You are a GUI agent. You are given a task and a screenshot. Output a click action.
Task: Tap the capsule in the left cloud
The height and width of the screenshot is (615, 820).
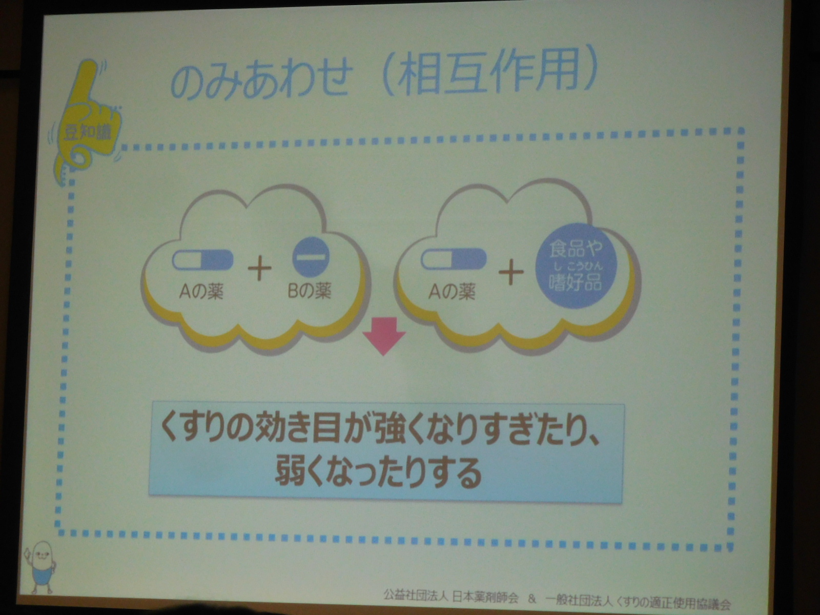pyautogui.click(x=202, y=260)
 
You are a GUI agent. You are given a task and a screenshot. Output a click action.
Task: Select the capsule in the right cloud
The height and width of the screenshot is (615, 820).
pyautogui.click(x=454, y=259)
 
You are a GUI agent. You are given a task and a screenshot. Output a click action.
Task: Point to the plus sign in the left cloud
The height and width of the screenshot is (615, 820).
pyautogui.click(x=259, y=268)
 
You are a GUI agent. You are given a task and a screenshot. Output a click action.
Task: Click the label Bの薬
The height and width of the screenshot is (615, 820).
pyautogui.click(x=310, y=291)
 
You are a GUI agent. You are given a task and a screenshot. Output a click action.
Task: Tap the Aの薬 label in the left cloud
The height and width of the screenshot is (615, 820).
pyautogui.click(x=201, y=291)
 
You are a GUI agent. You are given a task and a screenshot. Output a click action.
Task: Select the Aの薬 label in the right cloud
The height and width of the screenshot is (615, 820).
pyautogui.click(x=452, y=291)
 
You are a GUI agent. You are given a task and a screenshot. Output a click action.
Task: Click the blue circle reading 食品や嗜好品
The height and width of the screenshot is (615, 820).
pyautogui.click(x=576, y=265)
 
